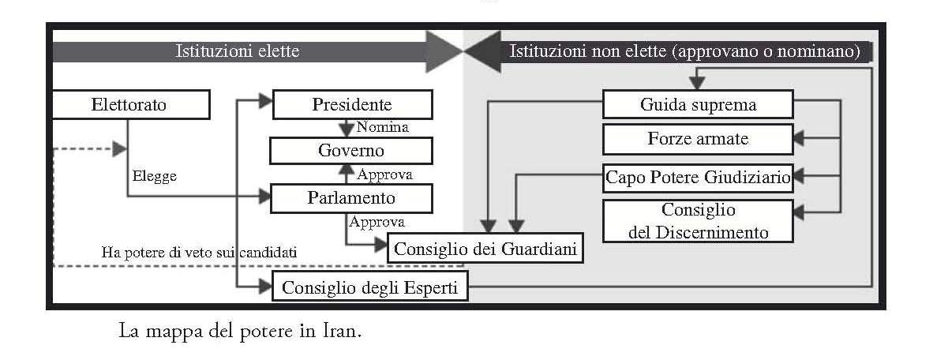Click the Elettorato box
point(129,104)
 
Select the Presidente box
point(352,104)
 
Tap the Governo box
point(351,150)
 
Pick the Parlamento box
point(351,198)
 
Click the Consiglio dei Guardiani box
point(485,249)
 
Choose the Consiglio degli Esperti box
point(369,287)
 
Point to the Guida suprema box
point(698,104)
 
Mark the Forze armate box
point(698,140)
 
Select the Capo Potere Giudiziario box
point(698,177)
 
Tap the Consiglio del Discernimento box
point(698,221)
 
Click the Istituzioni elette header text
point(238,52)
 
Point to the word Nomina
point(382,127)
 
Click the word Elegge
point(154,176)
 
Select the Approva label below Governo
point(384,174)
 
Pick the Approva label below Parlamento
point(377,222)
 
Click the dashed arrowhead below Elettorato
point(120,148)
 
